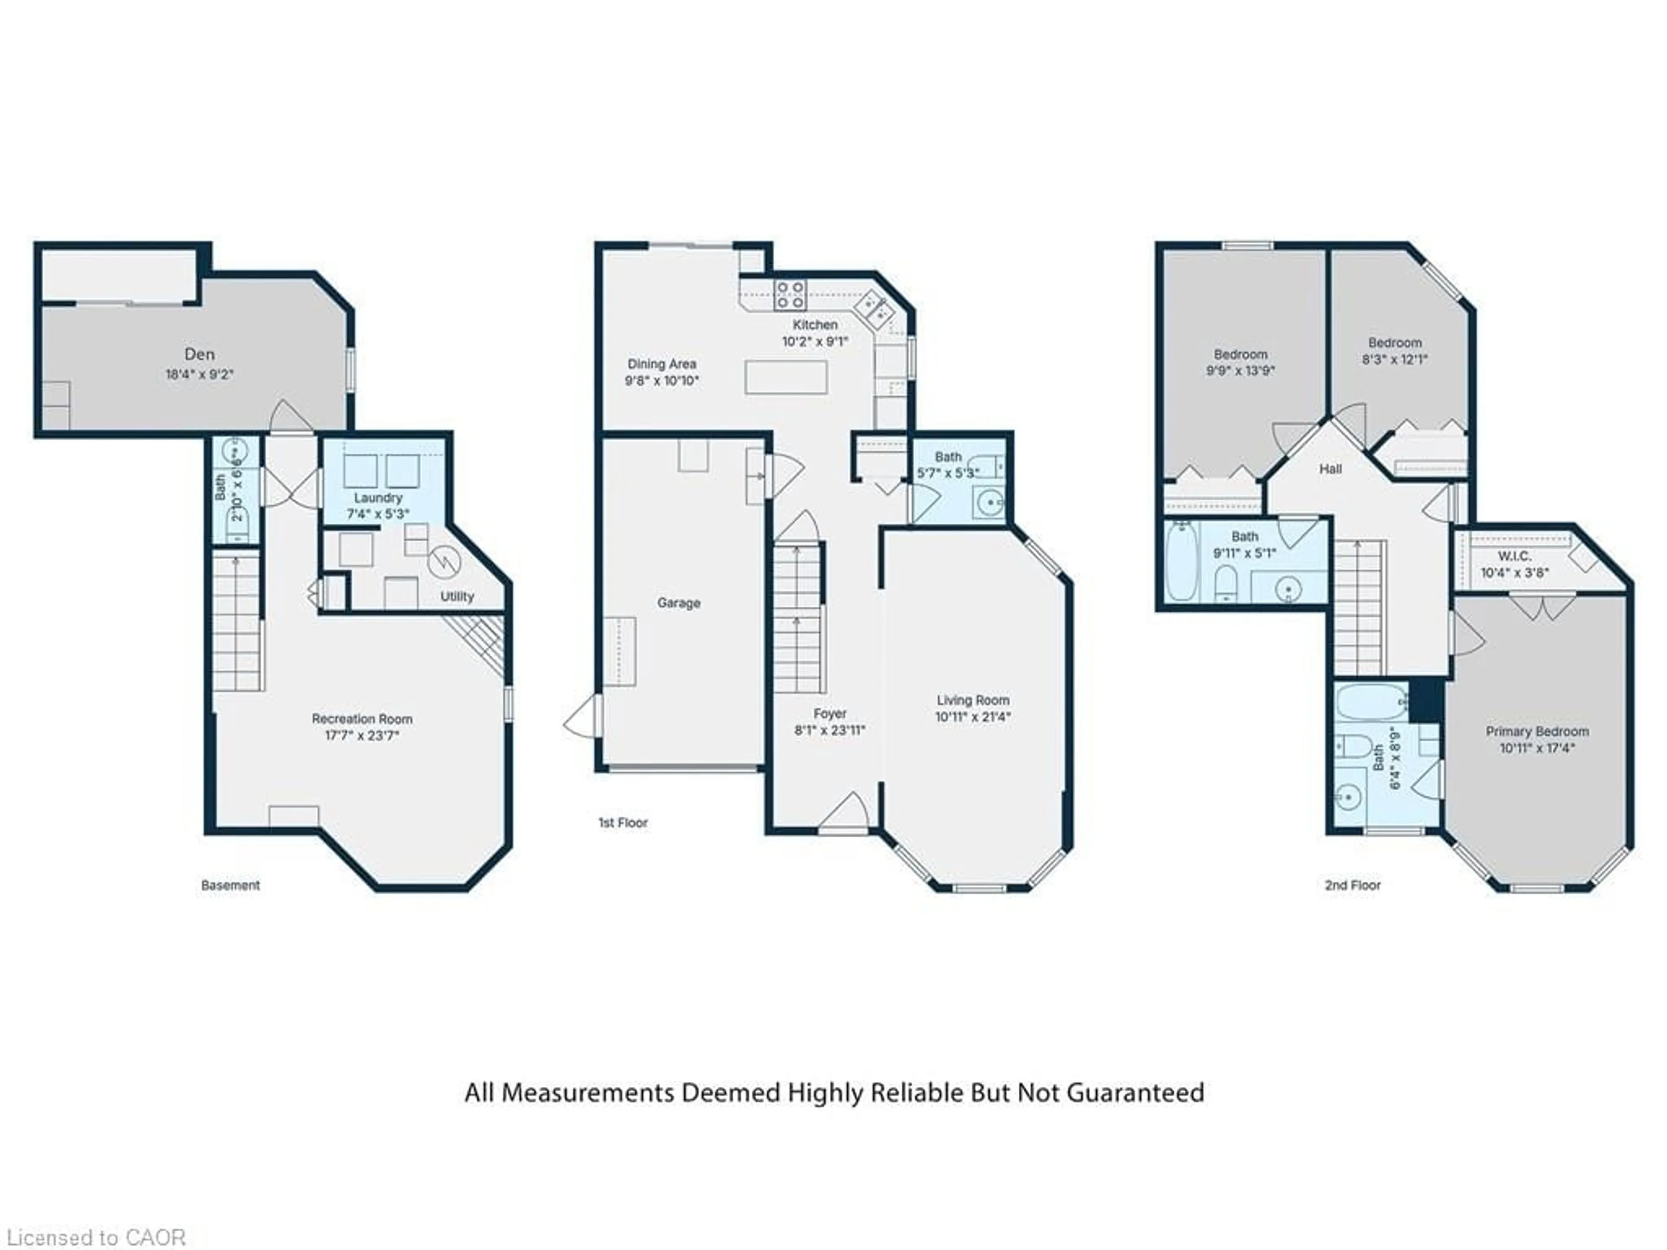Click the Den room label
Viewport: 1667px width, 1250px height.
pyautogui.click(x=200, y=354)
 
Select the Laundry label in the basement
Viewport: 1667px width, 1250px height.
pyautogui.click(x=378, y=498)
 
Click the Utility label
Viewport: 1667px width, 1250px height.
pyautogui.click(x=457, y=597)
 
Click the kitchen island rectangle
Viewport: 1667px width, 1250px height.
pyautogui.click(x=786, y=377)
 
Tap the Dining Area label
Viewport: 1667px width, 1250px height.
pyautogui.click(x=662, y=364)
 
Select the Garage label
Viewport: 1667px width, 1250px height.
pyautogui.click(x=678, y=603)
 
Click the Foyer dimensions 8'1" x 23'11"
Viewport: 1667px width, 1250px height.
pyautogui.click(x=830, y=730)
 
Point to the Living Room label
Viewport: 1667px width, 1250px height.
pyautogui.click(x=972, y=700)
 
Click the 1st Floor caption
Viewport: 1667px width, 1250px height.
pyautogui.click(x=623, y=823)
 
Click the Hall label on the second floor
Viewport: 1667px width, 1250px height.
pyautogui.click(x=1330, y=469)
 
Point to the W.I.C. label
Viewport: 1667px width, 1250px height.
pyautogui.click(x=1514, y=556)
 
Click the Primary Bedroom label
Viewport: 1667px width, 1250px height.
pyautogui.click(x=1537, y=732)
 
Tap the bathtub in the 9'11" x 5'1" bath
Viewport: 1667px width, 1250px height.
pyautogui.click(x=1181, y=561)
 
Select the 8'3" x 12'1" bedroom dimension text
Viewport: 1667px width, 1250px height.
pyautogui.click(x=1395, y=359)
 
